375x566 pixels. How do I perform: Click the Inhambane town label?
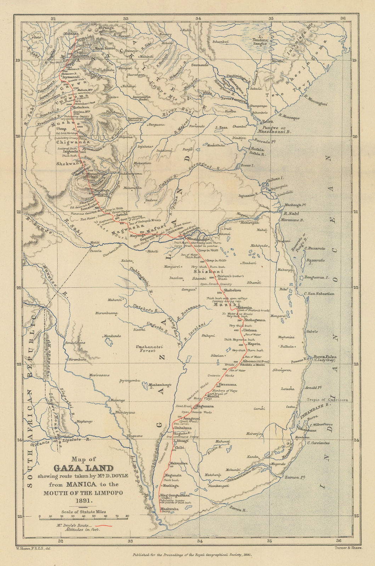pyautogui.click(x=307, y=430)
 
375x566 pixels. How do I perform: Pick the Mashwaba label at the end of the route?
pyautogui.click(x=169, y=510)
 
